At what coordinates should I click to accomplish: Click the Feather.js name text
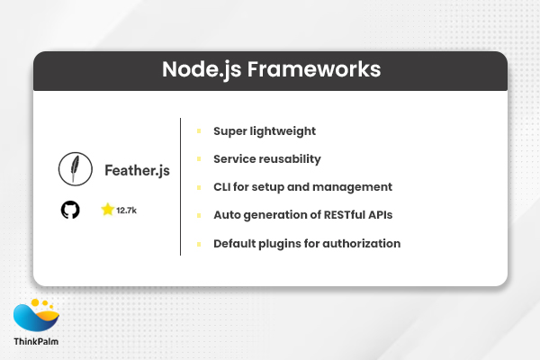137,169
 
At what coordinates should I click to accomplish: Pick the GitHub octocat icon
70,210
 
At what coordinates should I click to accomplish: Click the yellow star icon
107,210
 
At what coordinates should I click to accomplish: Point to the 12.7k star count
126,211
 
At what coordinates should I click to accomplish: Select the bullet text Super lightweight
264,131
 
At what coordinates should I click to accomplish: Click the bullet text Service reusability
266,159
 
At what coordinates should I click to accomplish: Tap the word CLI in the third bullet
224,187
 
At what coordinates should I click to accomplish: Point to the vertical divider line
181,186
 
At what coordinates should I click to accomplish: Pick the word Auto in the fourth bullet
227,215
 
